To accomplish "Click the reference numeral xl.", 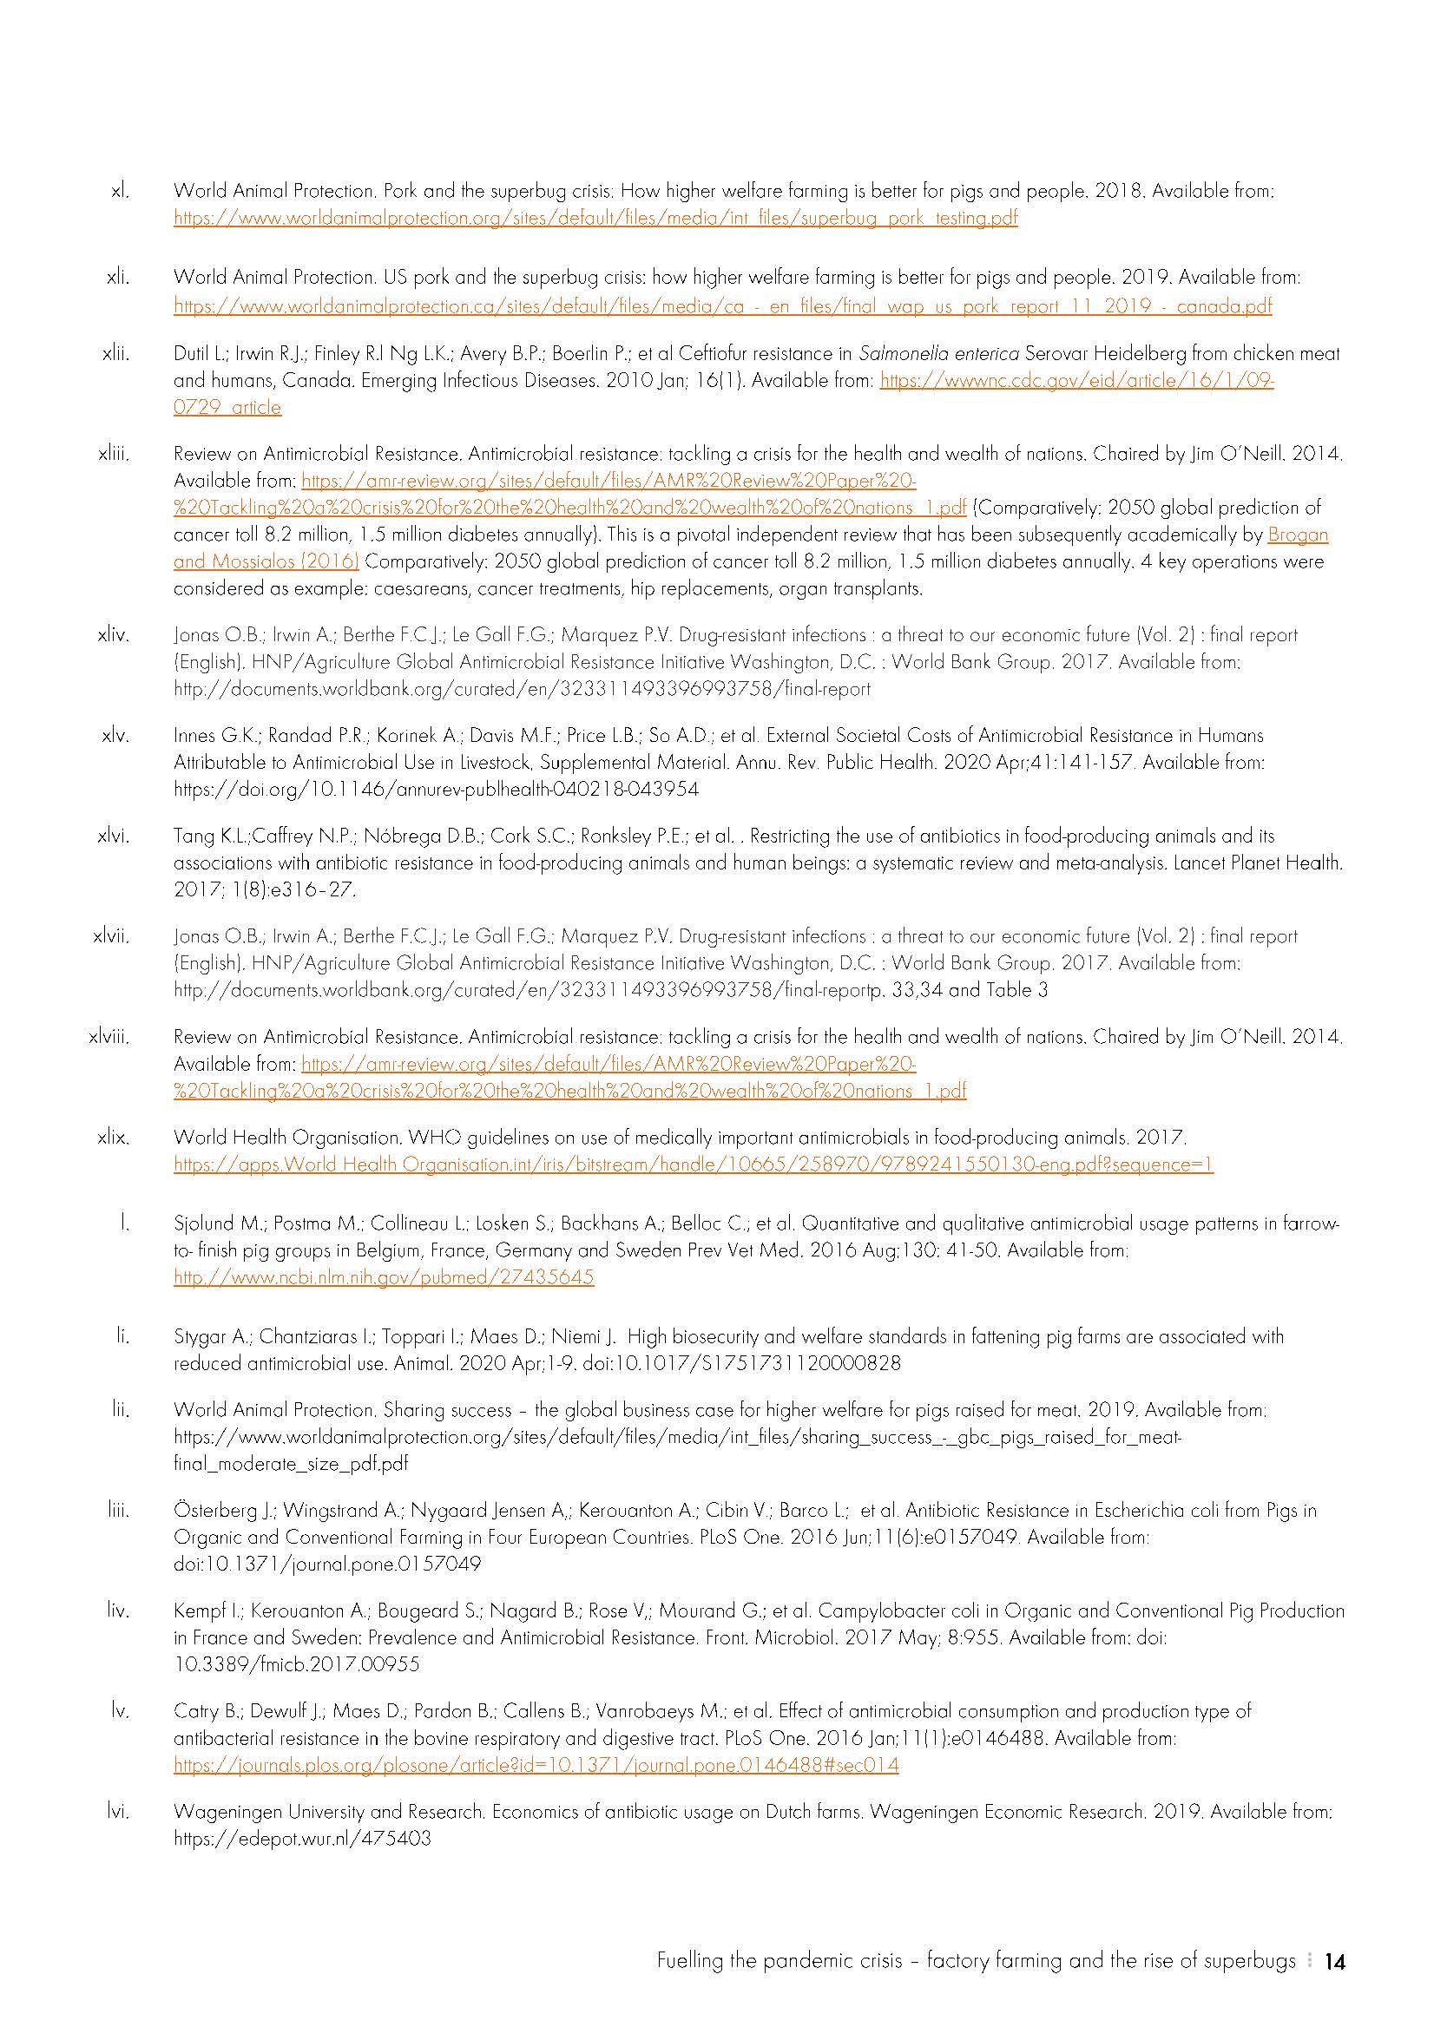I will [x=120, y=191].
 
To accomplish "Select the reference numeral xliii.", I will [x=114, y=455].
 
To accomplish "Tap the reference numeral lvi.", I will [x=118, y=1813].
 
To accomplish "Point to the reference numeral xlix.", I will [x=114, y=1138].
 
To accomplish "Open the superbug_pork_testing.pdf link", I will [x=595, y=218].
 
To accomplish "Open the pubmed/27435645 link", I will [x=383, y=1277].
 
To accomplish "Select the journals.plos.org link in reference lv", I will [x=536, y=1766].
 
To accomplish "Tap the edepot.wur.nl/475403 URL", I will [x=302, y=1840].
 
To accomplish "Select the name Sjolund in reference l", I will [x=204, y=1224].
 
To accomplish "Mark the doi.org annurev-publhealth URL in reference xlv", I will [x=437, y=790].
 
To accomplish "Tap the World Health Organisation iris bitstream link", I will [x=694, y=1165].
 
